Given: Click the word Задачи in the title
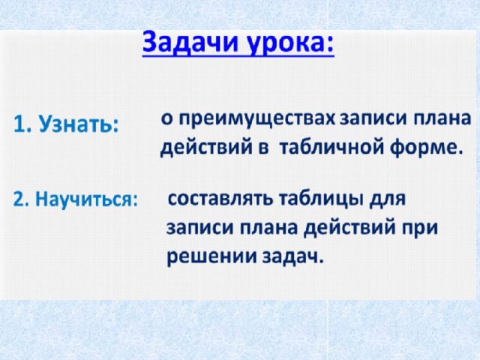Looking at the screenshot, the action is [190, 43].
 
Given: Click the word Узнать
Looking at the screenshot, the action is [79, 125].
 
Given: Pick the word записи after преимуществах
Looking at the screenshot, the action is [373, 118].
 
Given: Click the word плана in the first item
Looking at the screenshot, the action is [442, 118].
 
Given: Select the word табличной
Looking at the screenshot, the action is [331, 147].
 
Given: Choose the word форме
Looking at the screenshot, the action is [426, 148].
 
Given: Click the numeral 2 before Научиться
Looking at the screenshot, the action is [18, 199].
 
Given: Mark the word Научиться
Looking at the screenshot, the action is [87, 199].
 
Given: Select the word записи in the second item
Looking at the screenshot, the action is [200, 228].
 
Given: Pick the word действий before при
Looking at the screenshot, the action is [349, 229].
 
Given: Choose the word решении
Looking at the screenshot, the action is [211, 256].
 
